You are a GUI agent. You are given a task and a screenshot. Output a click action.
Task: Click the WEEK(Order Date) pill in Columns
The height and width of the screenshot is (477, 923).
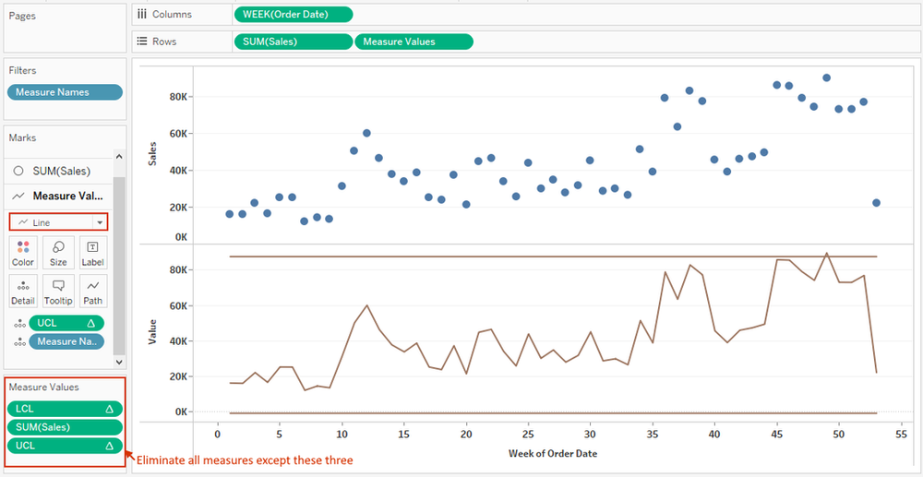point(294,15)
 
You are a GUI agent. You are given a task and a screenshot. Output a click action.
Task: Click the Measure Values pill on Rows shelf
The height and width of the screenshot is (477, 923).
point(414,42)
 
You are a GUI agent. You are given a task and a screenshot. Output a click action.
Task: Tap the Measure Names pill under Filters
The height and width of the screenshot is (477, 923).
point(65,92)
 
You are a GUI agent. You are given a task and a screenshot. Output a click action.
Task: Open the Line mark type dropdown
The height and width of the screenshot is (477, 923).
point(59,222)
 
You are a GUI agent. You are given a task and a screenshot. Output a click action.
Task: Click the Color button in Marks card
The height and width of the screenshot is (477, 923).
point(23,253)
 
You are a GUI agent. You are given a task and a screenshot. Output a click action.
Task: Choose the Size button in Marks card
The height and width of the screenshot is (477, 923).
point(58,253)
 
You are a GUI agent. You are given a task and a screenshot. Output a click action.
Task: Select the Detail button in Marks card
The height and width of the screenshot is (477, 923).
point(23,292)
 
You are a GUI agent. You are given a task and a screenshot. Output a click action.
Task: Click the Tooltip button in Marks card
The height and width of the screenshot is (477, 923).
point(58,292)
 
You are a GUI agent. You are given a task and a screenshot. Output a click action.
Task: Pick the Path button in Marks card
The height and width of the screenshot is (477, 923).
point(93,292)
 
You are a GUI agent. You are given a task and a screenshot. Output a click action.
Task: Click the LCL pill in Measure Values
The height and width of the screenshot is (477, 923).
point(65,409)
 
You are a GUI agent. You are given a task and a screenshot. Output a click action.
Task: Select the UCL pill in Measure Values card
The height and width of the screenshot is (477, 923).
point(65,446)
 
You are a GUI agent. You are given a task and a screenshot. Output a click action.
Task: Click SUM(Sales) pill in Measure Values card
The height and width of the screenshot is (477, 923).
point(65,427)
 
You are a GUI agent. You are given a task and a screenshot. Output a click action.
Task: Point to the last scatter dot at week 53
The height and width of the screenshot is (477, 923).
point(876,203)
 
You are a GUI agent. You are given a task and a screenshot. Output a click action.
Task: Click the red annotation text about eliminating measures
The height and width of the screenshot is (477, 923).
point(245,459)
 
